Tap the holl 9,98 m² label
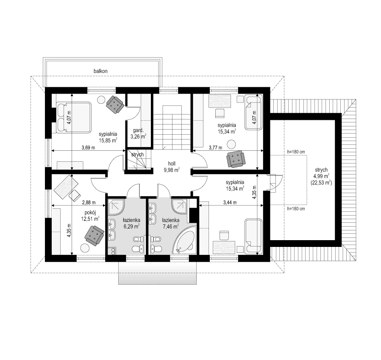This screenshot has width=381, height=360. coord(172,166)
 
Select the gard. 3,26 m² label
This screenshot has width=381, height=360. coord(138,134)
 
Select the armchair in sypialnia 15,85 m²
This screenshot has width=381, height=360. coord(114,104)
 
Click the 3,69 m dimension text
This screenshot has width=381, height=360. coord(88,148)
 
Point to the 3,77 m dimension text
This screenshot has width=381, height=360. coord(216,148)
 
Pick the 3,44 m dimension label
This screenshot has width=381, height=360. coord(230,203)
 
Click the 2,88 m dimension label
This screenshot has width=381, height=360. coord(88,203)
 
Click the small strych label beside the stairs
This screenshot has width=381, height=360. coord(136,155)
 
